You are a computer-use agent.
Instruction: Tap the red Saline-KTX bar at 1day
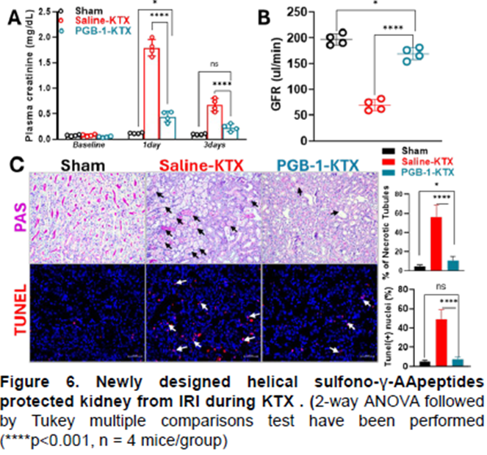(x=153, y=92)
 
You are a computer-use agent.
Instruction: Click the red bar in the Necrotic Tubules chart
(x=435, y=243)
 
